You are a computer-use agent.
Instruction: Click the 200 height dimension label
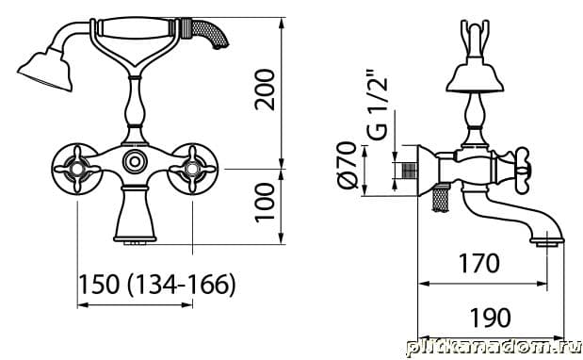point(265,90)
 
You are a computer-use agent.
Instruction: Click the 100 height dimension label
point(265,203)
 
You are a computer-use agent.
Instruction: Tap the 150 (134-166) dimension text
point(157,285)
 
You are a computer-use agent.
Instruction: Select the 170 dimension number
point(478,263)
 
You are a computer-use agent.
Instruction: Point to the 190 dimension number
point(491,318)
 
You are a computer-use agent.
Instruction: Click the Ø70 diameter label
point(347,164)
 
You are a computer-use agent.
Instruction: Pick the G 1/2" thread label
point(379,108)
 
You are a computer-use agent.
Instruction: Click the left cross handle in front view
point(77,169)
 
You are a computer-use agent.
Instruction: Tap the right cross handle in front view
point(192,169)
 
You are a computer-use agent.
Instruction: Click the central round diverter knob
point(135,162)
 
